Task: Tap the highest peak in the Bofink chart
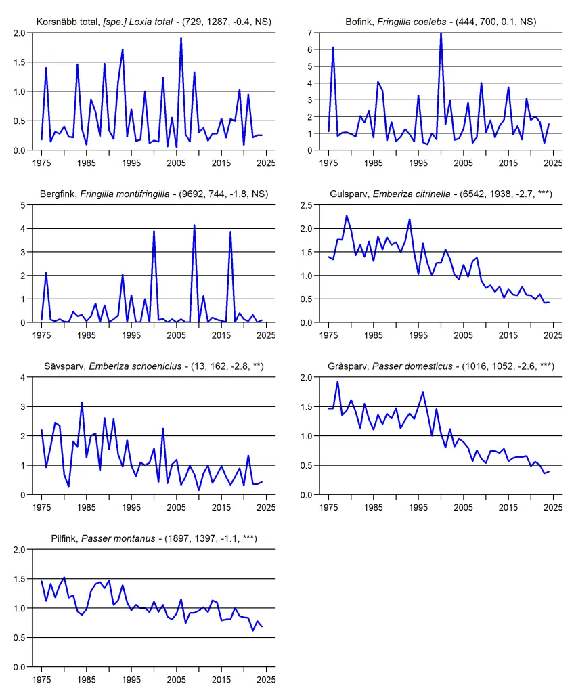pyautogui.click(x=441, y=33)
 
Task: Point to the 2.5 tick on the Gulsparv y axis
pyautogui.click(x=306, y=205)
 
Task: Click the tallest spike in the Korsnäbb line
pyautogui.click(x=181, y=39)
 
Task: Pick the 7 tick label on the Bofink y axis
pyautogui.click(x=309, y=33)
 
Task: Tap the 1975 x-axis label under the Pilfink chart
pyautogui.click(x=41, y=679)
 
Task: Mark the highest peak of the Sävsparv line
pyautogui.click(x=82, y=403)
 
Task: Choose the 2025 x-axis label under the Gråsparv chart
pyautogui.click(x=553, y=507)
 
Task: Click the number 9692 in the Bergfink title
pyautogui.click(x=192, y=194)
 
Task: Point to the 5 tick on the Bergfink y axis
pyautogui.click(x=23, y=205)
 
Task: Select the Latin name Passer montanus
pyautogui.click(x=118, y=538)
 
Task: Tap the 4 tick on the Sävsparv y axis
pyautogui.click(x=23, y=378)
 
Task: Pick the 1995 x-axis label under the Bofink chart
pyautogui.click(x=418, y=163)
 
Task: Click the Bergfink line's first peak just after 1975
pyautogui.click(x=46, y=274)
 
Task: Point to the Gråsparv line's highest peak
pyautogui.click(x=337, y=382)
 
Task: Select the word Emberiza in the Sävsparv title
pyautogui.click(x=106, y=366)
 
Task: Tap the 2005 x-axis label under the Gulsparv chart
pyautogui.click(x=463, y=335)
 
